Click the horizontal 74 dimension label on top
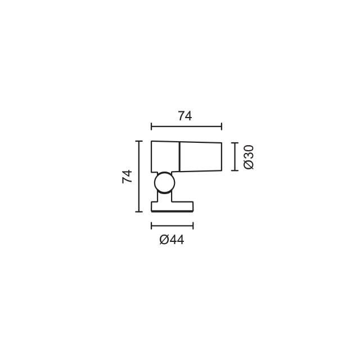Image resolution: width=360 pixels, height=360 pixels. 185,116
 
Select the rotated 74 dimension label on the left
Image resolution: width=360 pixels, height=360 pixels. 127,176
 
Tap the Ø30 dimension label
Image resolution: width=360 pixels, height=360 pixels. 249,157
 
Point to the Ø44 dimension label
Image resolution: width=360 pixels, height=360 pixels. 172,240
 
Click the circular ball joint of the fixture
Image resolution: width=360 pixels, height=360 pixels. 165,183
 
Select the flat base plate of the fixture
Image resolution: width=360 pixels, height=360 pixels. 172,206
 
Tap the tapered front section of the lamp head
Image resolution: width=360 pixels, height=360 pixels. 200,157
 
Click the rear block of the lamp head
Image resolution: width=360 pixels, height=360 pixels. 165,156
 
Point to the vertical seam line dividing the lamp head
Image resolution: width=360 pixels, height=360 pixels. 179,157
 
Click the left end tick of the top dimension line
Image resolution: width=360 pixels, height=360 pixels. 151,127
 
